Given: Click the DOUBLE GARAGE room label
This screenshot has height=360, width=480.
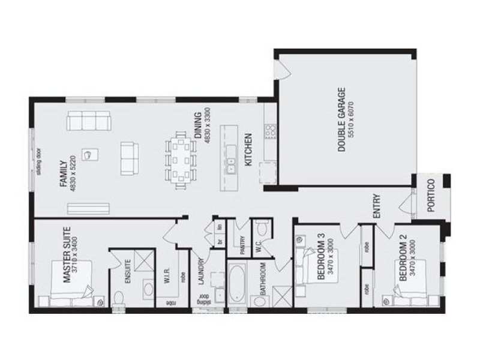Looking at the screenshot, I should tap(341, 120).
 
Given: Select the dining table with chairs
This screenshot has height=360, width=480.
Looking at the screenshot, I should tap(181, 160).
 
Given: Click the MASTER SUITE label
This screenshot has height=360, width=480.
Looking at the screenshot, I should tap(66, 254).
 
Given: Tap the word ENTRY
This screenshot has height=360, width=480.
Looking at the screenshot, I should tap(377, 205).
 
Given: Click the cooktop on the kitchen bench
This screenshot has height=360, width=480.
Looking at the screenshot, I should tap(270, 130).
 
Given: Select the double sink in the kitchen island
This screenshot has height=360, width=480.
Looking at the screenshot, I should tap(230, 165).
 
